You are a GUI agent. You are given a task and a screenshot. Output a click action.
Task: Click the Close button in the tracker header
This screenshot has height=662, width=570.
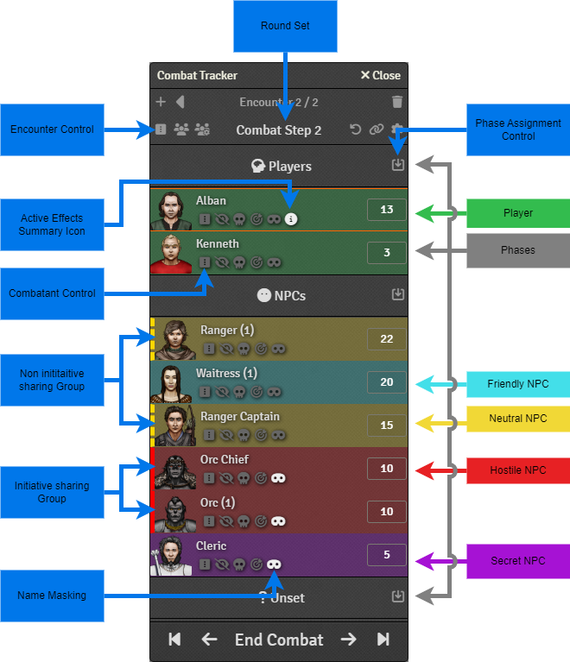(x=380, y=75)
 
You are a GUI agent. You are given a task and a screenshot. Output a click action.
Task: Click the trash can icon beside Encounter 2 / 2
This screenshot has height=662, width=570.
(x=397, y=102)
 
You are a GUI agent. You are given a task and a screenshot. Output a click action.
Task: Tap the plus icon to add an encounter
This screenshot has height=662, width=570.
(x=161, y=102)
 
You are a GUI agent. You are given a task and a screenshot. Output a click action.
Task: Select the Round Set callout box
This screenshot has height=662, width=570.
(x=285, y=26)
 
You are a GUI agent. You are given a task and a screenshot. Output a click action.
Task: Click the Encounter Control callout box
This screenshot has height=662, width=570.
(x=52, y=129)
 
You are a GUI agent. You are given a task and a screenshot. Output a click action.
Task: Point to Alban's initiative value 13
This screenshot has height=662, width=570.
(x=386, y=210)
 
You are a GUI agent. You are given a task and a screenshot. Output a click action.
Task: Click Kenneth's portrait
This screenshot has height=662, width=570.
(x=171, y=253)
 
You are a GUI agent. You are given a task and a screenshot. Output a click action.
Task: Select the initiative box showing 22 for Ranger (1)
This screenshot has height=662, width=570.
(x=386, y=339)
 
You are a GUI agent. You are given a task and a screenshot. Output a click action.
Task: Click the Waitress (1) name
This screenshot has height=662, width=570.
(x=226, y=374)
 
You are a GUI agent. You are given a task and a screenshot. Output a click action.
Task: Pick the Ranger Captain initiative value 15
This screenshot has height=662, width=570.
(x=386, y=426)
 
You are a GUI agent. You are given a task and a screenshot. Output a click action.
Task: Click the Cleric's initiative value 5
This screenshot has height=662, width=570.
(x=386, y=555)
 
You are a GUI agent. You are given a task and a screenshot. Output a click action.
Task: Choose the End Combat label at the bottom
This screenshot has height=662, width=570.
(x=278, y=640)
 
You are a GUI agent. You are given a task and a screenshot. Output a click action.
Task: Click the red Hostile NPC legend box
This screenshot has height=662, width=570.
(x=518, y=470)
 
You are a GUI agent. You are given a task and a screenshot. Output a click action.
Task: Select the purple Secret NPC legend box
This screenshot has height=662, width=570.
(x=518, y=561)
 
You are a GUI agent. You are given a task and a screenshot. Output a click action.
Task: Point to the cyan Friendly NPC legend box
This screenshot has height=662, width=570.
(x=518, y=384)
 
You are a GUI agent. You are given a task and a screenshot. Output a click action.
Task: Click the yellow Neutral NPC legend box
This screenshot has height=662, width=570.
(x=518, y=419)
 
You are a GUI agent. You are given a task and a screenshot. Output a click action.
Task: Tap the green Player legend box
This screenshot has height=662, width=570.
(x=518, y=212)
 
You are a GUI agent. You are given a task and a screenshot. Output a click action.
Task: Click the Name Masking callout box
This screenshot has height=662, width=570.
(x=52, y=596)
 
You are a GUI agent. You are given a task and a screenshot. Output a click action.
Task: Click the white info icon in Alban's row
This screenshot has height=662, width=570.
(x=291, y=219)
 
